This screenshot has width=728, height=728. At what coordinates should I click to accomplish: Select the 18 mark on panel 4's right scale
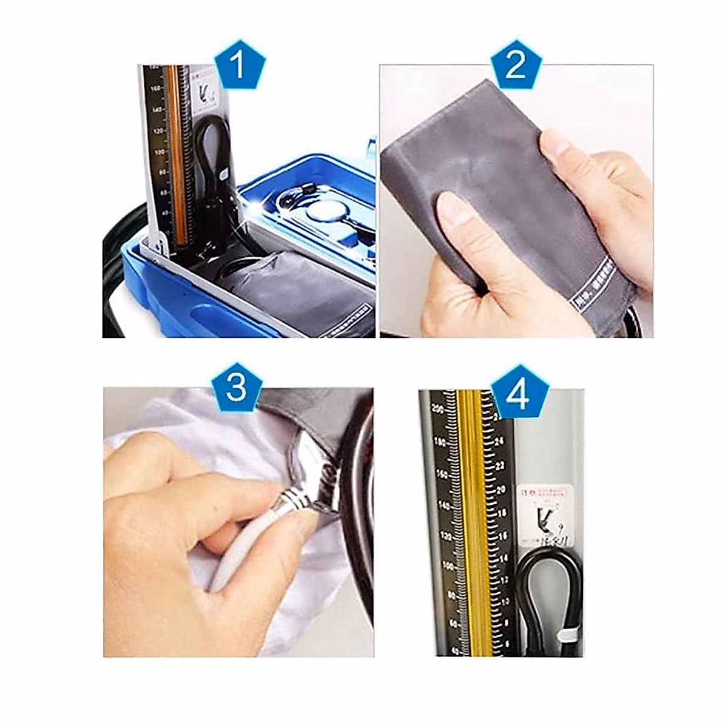point(502,513)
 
